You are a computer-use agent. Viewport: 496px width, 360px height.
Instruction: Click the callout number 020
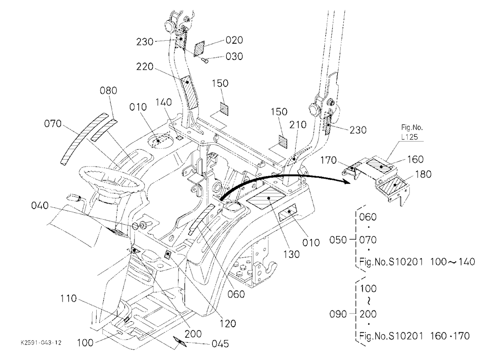pos(234,40)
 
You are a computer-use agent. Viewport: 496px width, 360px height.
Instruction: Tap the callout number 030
pos(234,57)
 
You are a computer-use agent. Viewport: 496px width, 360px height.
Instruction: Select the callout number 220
pos(144,67)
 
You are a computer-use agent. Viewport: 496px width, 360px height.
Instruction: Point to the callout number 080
pos(108,90)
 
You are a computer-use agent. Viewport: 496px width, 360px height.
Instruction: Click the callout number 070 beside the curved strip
pos(53,123)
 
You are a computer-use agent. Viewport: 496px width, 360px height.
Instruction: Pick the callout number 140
pos(164,102)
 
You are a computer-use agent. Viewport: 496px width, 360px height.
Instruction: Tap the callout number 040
pos(40,206)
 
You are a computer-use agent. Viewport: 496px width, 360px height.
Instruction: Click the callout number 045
pos(220,344)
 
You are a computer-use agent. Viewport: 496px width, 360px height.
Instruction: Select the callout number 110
pos(68,299)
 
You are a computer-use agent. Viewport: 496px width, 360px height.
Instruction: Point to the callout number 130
pos(291,254)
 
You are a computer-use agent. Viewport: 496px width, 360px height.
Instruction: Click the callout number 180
pos(423,175)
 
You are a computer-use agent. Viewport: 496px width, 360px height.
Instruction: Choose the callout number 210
pos(298,124)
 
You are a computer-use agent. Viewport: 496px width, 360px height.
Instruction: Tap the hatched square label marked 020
pos(199,49)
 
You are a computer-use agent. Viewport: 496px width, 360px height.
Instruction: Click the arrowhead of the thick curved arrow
pos(347,180)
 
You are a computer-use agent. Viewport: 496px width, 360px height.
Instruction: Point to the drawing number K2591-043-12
pos(41,343)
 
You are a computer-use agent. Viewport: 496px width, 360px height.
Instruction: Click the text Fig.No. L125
pos(412,132)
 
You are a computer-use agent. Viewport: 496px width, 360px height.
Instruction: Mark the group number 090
pos(338,314)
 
